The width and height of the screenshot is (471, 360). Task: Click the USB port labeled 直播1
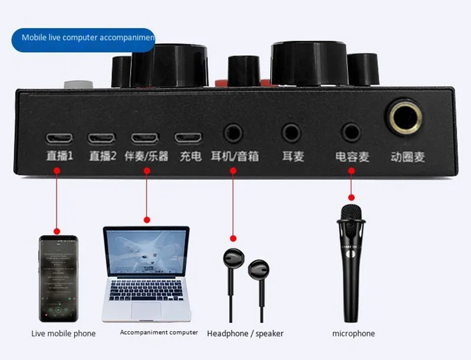pos(59,138)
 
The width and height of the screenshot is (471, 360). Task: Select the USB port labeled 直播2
pos(101,138)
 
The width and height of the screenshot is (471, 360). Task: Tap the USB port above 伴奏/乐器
pos(145,138)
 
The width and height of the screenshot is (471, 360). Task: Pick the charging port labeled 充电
pos(188,138)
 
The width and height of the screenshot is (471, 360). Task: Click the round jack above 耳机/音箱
pos(233,133)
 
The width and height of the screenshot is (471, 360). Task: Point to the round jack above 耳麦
pos(291,133)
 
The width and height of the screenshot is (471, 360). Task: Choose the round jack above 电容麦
pos(351,133)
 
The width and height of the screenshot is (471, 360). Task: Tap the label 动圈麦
pos(408,157)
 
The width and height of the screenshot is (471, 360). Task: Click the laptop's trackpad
pos(145,310)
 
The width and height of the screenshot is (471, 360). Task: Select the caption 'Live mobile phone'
pos(63,333)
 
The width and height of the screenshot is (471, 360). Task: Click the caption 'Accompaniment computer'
pos(159,332)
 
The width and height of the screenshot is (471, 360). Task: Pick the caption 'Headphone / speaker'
pos(245,333)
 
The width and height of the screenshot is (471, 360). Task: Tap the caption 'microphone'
pos(353,333)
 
